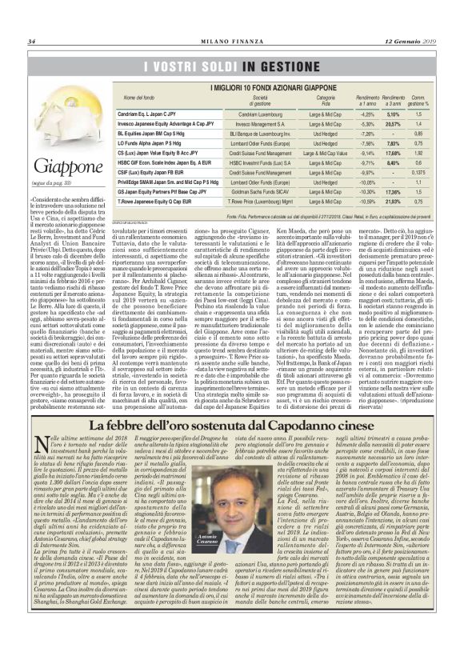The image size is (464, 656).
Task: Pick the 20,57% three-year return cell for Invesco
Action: point(393,125)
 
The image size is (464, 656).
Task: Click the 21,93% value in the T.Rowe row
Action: point(393,225)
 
